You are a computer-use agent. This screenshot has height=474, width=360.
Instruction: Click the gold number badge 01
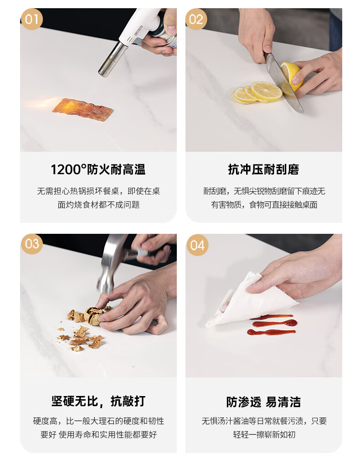31,19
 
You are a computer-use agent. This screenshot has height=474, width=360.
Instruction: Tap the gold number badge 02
196,19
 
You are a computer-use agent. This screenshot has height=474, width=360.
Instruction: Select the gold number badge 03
32,244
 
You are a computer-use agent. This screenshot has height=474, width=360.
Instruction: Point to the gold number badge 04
197,245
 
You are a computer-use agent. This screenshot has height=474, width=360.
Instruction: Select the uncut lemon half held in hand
292,76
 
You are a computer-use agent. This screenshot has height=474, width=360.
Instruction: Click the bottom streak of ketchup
271,332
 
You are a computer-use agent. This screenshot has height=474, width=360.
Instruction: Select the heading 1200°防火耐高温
98,169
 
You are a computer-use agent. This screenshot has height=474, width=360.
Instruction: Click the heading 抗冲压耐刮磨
263,169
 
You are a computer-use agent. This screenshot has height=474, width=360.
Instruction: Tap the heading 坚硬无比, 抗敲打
98,401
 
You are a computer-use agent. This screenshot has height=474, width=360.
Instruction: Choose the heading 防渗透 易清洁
263,402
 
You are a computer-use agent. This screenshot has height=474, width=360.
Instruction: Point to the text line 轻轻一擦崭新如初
264,434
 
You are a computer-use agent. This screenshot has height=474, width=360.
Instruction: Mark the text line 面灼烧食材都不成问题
98,205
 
